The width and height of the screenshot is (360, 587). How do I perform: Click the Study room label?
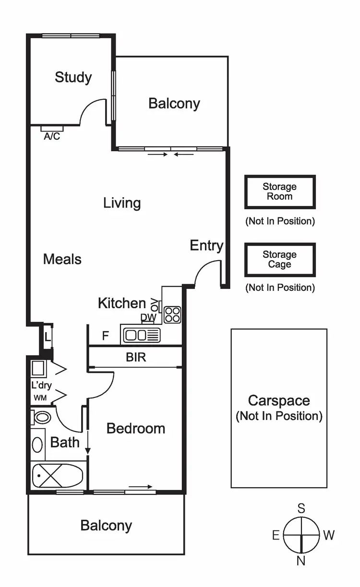73,77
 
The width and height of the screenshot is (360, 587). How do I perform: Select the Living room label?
122,203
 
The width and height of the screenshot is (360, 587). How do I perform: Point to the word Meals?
62,260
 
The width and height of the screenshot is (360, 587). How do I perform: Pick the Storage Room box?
280,192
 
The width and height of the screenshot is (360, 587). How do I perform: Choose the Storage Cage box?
280,260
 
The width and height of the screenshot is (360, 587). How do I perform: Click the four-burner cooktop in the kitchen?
172,314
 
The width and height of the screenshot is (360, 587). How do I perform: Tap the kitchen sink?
141,335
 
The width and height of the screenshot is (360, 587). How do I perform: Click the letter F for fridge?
105,336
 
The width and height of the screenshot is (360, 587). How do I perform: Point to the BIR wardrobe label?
136,358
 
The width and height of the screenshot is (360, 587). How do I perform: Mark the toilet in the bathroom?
41,417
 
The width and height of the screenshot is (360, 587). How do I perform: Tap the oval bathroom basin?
37,444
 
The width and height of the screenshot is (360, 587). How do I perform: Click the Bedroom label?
136,429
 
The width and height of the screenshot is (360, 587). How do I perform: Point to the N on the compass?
301,561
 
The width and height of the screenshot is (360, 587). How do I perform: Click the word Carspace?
279,401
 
